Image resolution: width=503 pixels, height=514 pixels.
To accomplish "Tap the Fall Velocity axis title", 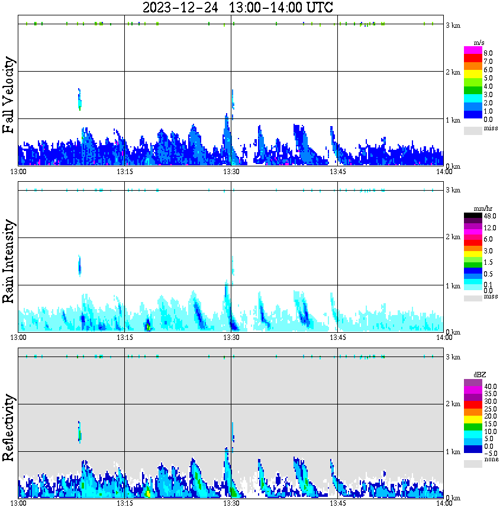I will [9, 95].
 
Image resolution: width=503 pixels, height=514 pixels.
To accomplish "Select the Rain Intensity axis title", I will [9, 261].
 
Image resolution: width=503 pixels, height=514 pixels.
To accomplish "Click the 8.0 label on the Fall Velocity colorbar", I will [488, 53].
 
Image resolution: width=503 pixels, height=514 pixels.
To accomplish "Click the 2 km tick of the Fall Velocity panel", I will [453, 72].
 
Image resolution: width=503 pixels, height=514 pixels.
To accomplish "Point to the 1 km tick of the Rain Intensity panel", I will [453, 286].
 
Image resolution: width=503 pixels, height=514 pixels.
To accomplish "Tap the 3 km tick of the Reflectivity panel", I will [453, 357].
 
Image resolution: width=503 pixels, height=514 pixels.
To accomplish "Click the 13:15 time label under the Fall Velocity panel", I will [124, 172].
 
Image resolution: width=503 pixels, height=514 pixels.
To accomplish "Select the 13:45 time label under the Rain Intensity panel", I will [337, 338].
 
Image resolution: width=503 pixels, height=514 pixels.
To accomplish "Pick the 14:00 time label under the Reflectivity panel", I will [444, 504].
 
